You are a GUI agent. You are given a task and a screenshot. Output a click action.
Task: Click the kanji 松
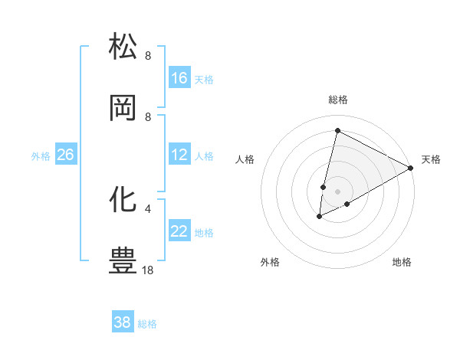point(123,46)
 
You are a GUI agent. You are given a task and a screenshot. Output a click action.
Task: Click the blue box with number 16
point(179,78)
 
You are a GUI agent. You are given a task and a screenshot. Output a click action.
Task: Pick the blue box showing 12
point(179,155)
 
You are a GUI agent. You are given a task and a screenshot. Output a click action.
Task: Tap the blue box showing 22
point(179,232)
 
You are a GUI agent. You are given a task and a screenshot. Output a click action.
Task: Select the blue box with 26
point(65,155)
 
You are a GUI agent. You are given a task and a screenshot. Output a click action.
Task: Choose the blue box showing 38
point(123,322)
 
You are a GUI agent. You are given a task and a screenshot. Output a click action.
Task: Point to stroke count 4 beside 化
point(148,208)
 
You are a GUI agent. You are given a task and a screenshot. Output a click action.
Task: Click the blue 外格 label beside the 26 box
point(41,156)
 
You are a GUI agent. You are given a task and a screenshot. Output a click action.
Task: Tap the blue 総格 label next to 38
point(147,324)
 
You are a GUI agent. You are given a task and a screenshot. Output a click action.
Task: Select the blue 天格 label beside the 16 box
point(204,79)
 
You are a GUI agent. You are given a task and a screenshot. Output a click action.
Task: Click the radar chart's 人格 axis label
point(245,159)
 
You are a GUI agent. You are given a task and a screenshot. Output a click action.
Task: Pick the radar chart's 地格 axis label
point(402,262)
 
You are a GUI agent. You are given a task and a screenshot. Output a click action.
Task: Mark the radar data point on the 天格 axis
point(412,168)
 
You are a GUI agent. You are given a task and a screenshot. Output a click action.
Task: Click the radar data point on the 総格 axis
point(337,130)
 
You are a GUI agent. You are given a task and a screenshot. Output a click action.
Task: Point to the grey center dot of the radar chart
point(337,191)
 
